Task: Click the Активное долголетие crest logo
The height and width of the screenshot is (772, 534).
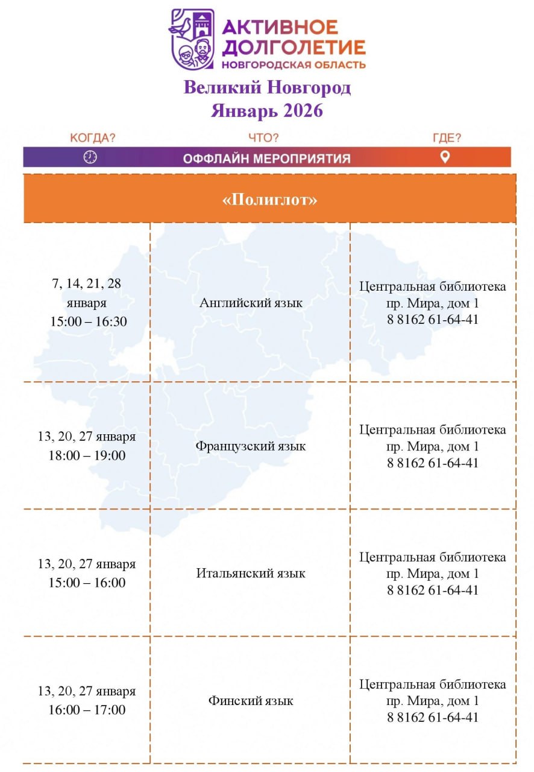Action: click(x=192, y=39)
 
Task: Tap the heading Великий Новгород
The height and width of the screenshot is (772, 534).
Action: click(x=267, y=88)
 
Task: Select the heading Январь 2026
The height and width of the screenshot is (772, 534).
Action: click(x=267, y=111)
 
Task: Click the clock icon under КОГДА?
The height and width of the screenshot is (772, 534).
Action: click(x=90, y=157)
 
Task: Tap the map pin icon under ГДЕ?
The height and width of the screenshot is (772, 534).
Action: click(x=445, y=157)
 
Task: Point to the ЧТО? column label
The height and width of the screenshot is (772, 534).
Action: click(x=263, y=138)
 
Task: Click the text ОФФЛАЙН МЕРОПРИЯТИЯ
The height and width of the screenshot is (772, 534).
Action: click(x=266, y=159)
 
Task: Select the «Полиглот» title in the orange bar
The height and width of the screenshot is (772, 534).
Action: click(x=269, y=200)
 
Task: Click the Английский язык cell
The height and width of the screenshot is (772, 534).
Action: click(x=251, y=303)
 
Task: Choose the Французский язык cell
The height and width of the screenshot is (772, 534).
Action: click(x=251, y=446)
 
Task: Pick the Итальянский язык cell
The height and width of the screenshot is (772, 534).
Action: click(x=251, y=573)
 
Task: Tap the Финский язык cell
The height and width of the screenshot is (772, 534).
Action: click(x=251, y=701)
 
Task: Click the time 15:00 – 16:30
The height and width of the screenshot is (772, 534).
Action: click(x=88, y=321)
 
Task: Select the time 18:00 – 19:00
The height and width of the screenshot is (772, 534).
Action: click(x=87, y=455)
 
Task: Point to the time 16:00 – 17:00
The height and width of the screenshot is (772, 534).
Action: click(x=87, y=710)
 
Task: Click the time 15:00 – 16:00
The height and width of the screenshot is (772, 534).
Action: click(x=87, y=583)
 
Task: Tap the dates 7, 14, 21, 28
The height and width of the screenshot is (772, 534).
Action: click(x=87, y=283)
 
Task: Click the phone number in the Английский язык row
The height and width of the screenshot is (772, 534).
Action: click(x=433, y=320)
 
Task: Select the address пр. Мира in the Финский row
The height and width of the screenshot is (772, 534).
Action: click(x=433, y=701)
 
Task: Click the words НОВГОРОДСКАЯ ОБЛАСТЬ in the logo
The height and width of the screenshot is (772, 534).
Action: click(x=294, y=65)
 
